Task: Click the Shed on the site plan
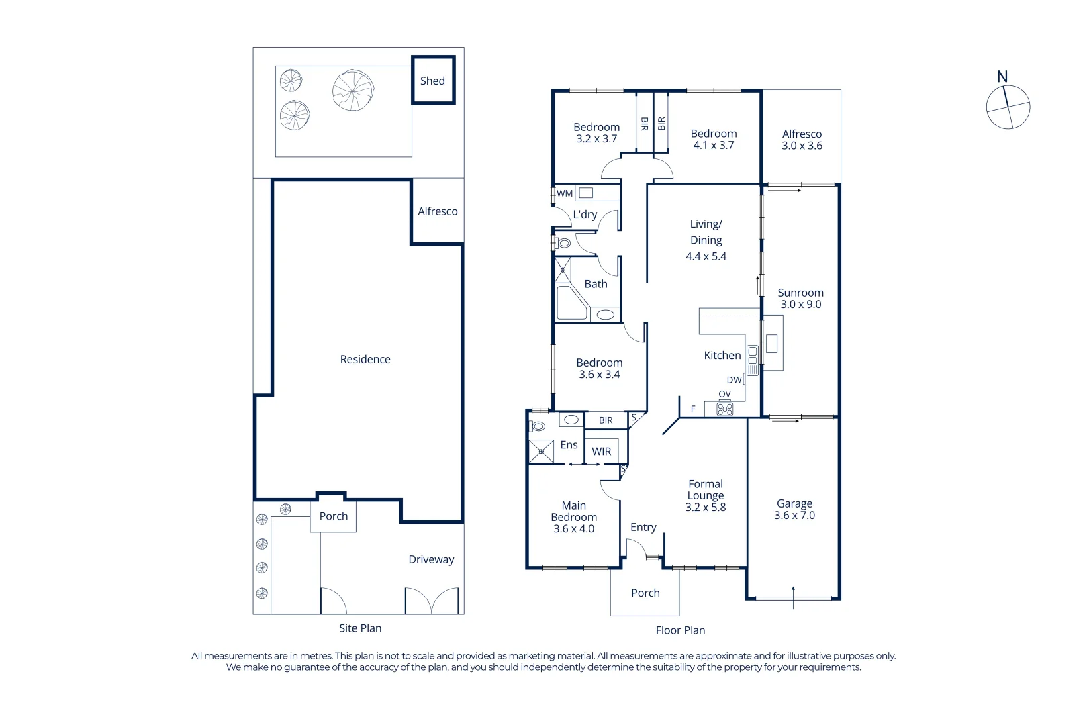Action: coord(433,81)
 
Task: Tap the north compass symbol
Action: coord(1008,107)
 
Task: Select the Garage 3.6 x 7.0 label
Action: coord(794,510)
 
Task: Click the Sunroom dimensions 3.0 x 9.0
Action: coord(800,305)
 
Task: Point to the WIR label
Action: coord(602,452)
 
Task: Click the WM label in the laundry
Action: coord(565,193)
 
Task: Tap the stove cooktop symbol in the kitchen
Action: coord(725,408)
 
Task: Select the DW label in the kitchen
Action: coord(734,380)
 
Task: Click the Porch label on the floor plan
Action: coord(645,593)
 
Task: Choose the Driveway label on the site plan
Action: coord(431,560)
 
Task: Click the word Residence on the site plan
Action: coord(365,360)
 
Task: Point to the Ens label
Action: coord(569,445)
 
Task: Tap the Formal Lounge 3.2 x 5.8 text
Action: coord(706,495)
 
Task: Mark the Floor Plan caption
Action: coord(680,630)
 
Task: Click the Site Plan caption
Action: coord(360,628)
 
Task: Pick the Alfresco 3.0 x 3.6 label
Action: coord(802,140)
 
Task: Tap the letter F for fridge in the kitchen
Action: coord(693,409)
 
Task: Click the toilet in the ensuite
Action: coord(538,426)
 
